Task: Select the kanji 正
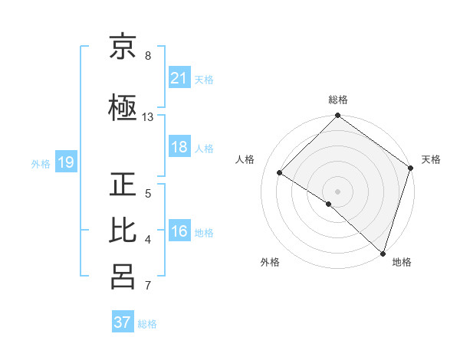(123, 185)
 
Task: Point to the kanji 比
(123, 231)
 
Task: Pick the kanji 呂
(123, 277)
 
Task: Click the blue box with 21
(179, 78)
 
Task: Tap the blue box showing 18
(179, 148)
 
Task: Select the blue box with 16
(179, 232)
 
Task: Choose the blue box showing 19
(65, 162)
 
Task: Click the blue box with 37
(123, 322)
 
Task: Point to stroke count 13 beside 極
(148, 117)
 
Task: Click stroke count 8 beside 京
(148, 56)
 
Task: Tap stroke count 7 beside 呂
(148, 286)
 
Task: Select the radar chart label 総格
(338, 100)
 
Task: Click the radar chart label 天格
(431, 159)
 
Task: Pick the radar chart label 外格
(270, 262)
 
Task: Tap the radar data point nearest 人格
(280, 173)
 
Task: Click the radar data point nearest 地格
(383, 253)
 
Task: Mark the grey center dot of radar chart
(337, 191)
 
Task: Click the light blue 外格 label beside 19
(41, 163)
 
